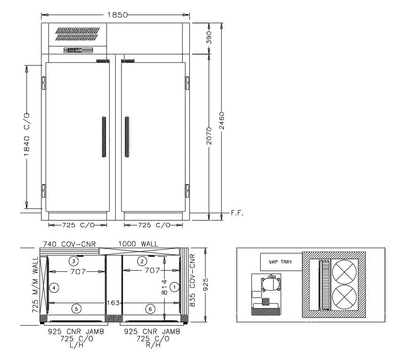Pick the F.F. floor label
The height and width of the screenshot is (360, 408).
[237, 213]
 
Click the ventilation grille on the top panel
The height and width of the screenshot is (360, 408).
[78, 34]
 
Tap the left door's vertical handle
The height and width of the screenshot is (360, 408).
[104, 137]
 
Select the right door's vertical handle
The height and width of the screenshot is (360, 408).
[127, 137]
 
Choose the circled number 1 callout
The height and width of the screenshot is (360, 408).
[174, 286]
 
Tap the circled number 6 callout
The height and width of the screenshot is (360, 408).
[149, 309]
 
